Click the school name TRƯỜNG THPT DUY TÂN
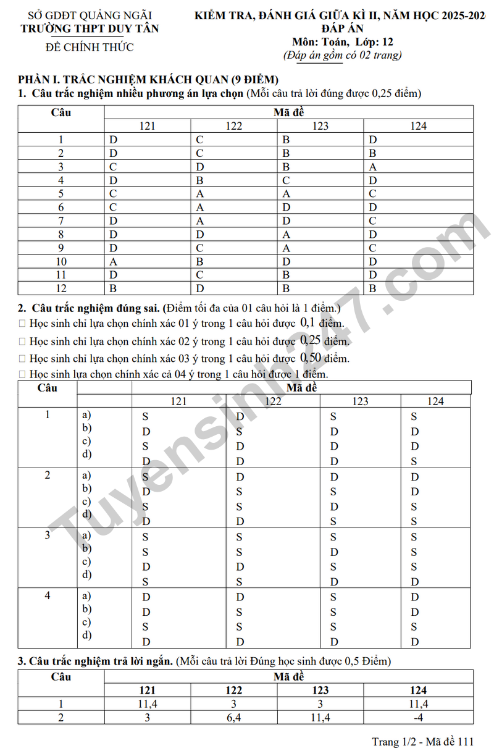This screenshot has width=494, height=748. click(90, 28)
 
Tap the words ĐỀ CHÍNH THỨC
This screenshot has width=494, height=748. click(90, 47)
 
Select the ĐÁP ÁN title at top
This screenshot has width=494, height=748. click(342, 28)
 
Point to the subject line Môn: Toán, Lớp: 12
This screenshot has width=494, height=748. click(343, 42)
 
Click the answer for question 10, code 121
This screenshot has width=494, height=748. click(114, 261)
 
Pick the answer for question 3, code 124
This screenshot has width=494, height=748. click(373, 167)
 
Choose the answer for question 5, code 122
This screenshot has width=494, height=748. click(200, 194)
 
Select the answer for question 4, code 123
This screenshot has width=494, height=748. click(287, 180)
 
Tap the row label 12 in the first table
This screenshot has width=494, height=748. click(61, 288)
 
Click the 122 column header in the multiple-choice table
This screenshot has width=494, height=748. click(234, 126)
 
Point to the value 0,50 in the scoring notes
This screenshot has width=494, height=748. click(312, 358)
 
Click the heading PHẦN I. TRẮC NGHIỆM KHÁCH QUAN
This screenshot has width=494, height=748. click(148, 80)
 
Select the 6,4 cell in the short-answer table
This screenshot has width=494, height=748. click(234, 717)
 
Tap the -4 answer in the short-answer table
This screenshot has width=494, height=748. click(418, 717)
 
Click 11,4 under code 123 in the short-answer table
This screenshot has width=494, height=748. click(320, 717)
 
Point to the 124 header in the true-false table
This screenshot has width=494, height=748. click(435, 401)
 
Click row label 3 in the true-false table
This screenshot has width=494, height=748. click(48, 535)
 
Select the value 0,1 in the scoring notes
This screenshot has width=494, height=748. click(308, 322)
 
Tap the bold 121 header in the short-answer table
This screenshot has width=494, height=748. click(147, 690)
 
